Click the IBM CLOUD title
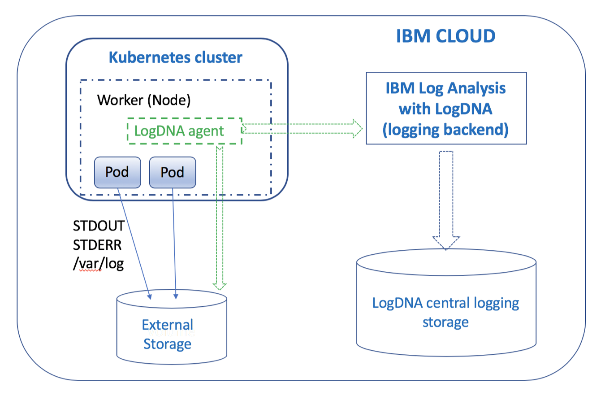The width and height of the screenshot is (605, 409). click(445, 36)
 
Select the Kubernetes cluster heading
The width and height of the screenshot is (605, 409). click(175, 57)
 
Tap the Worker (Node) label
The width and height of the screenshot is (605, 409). click(144, 100)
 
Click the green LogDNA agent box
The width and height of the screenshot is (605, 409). click(184, 131)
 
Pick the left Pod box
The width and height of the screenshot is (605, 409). click(117, 172)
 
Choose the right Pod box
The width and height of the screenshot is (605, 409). click(173, 172)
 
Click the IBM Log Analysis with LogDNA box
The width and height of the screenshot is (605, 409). click(446, 108)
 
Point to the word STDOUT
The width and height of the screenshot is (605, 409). click(99, 226)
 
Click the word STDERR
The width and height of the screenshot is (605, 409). click(97, 245)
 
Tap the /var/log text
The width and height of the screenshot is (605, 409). click(99, 263)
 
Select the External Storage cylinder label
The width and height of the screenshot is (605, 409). click(168, 334)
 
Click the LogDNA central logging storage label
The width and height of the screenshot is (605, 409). click(445, 312)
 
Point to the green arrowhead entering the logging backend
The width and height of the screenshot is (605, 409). click(357, 129)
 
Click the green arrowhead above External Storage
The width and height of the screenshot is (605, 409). click(220, 285)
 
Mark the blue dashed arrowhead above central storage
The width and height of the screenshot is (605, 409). click(446, 242)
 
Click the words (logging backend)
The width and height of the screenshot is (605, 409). click(445, 130)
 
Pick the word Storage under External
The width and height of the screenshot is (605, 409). click(167, 344)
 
